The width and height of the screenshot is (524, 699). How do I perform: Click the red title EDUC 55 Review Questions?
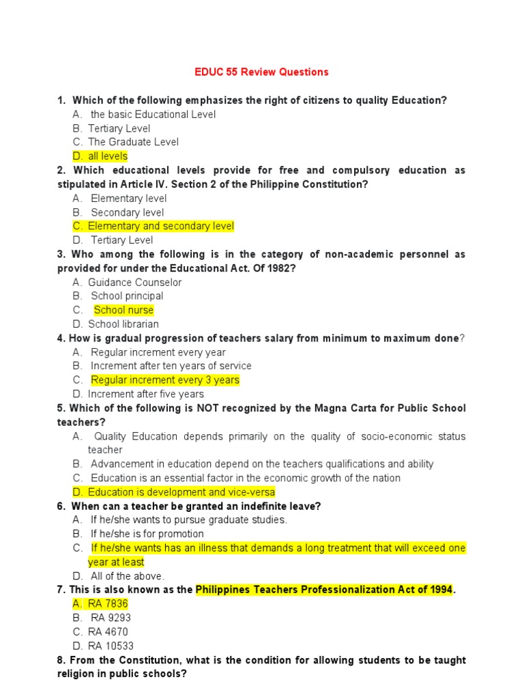tap(262, 72)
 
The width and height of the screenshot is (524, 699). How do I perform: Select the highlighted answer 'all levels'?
tap(107, 156)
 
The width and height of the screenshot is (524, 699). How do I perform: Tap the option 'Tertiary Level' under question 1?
tap(119, 128)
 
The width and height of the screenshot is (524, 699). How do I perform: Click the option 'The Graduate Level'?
tap(133, 142)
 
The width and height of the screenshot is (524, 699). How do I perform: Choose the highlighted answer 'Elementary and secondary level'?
tap(160, 226)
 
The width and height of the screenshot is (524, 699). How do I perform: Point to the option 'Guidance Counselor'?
tap(134, 282)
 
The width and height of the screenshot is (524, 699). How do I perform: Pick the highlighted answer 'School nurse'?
tap(123, 310)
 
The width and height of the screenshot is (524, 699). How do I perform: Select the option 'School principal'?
tap(127, 296)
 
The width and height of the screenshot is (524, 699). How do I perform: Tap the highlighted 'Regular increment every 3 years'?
tap(164, 380)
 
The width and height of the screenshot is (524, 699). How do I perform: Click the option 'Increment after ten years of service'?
tap(171, 366)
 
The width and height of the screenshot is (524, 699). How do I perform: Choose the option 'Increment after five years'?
tap(145, 394)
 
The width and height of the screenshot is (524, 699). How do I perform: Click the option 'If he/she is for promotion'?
tap(147, 534)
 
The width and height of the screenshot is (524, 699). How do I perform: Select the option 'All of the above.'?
tap(128, 575)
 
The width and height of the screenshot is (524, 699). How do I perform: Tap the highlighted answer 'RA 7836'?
tap(108, 603)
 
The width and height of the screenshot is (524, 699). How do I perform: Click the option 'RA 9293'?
tap(111, 618)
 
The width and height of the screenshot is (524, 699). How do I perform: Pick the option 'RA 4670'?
tap(108, 631)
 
